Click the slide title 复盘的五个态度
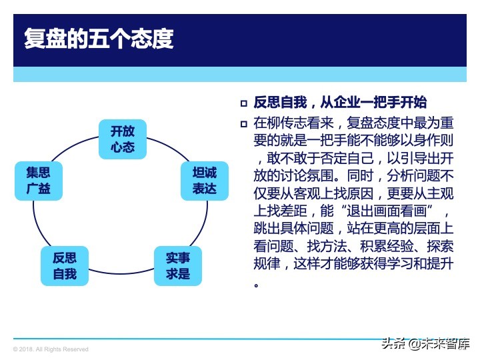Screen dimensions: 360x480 tap(98, 39)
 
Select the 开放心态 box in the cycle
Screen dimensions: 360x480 tap(123, 139)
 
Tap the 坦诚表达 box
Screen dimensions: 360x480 tap(205, 180)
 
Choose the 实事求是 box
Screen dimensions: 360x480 tap(178, 265)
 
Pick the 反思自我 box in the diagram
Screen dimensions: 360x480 tap(65, 265)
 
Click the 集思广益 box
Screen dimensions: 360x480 tap(39, 180)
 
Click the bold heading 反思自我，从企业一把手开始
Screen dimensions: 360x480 tap(340, 103)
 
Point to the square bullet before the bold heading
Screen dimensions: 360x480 tap(244, 103)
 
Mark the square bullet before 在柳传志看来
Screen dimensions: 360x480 tap(244, 124)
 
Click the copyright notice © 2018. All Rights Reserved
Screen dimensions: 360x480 tap(51, 349)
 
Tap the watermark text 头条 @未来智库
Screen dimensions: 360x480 tap(425, 344)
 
